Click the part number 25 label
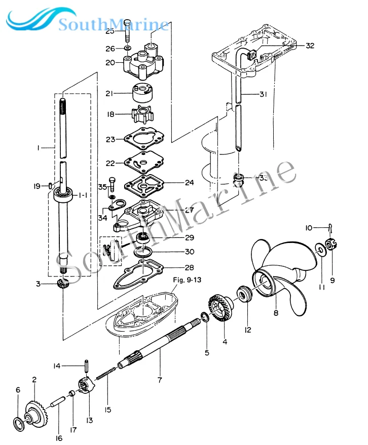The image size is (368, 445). tap(110, 31)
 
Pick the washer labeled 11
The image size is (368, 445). tap(320, 249)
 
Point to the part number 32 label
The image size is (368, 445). tap(310, 46)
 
